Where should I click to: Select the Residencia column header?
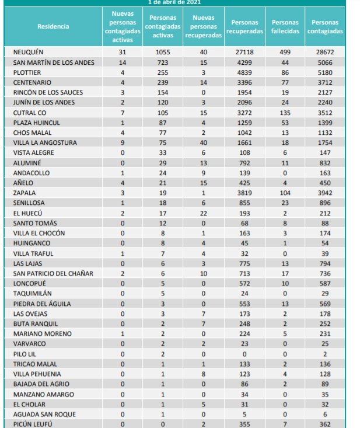tap(53, 26)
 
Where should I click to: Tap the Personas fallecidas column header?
tap(285, 26)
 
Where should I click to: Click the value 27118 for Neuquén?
tap(244, 52)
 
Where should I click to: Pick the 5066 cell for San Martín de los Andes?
tap(325, 62)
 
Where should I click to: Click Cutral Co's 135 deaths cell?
tap(285, 112)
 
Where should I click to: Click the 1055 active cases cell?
tap(163, 52)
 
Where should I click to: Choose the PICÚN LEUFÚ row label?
tap(33, 424)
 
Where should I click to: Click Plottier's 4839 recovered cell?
tap(244, 72)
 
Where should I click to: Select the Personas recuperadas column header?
tap(244, 26)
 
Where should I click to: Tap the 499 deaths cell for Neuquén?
tap(285, 52)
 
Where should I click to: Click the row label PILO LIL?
tap(25, 354)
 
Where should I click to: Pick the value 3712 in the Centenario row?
tap(325, 82)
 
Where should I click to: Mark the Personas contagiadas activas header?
tap(163, 26)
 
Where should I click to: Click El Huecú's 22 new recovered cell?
tap(203, 213)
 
